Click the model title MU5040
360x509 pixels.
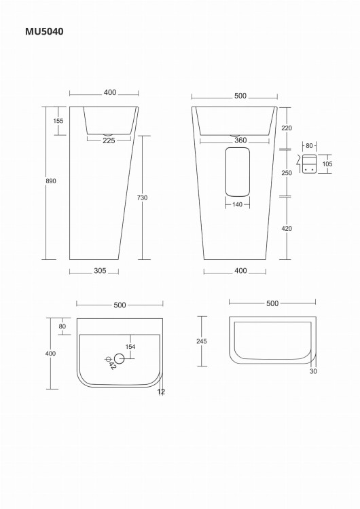(44, 31)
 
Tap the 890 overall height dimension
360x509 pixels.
(51, 181)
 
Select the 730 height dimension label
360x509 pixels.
(142, 197)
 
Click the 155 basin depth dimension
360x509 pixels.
(58, 121)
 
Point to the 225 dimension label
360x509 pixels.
(109, 140)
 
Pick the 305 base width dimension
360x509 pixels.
(100, 271)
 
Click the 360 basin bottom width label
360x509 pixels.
(240, 140)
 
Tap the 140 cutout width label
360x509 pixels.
(238, 204)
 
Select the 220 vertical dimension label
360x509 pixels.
(287, 128)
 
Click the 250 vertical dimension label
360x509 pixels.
(287, 172)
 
